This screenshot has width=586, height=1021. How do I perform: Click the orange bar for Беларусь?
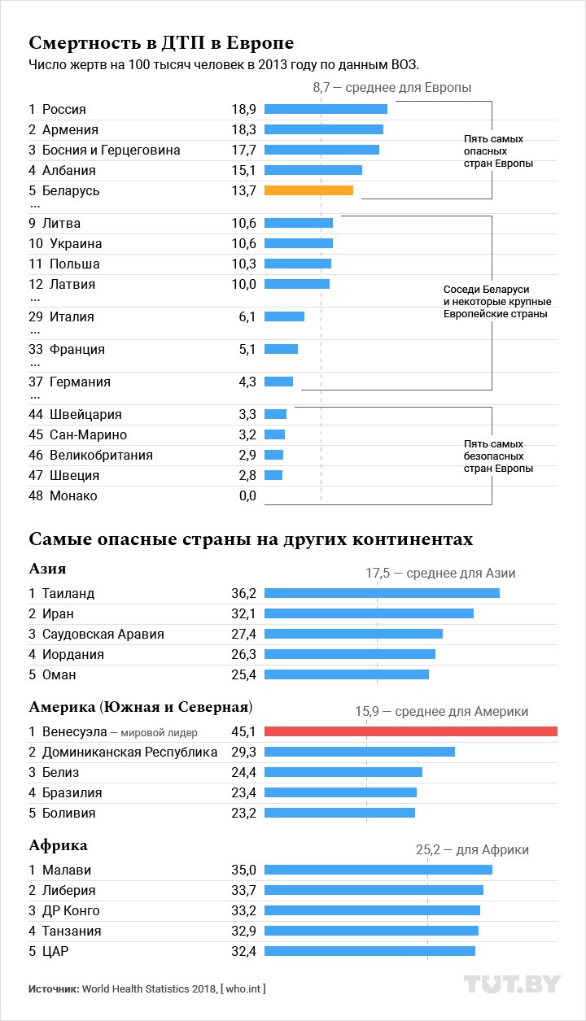[308, 190]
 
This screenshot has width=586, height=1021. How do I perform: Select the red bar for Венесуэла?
[410, 731]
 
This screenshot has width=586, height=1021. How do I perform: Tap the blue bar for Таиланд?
[382, 593]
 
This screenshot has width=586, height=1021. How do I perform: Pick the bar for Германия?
[278, 382]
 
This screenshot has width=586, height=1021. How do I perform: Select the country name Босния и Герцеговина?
[111, 150]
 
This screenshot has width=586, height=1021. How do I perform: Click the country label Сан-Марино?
[88, 434]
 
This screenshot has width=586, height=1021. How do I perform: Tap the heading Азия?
[47, 569]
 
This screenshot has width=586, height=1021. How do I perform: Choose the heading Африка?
[58, 845]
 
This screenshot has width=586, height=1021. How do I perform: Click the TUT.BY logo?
[512, 984]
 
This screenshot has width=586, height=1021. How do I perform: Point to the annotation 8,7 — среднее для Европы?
[391, 87]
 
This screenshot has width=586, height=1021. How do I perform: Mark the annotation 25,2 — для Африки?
[472, 849]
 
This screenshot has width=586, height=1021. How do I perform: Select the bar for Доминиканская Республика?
[359, 752]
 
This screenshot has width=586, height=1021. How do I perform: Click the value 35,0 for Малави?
[243, 870]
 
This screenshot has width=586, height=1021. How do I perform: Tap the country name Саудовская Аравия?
[103, 634]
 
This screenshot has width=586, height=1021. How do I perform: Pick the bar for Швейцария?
[275, 414]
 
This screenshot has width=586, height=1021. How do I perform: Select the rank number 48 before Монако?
[35, 495]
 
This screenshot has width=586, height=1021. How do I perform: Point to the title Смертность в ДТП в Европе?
[161, 42]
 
